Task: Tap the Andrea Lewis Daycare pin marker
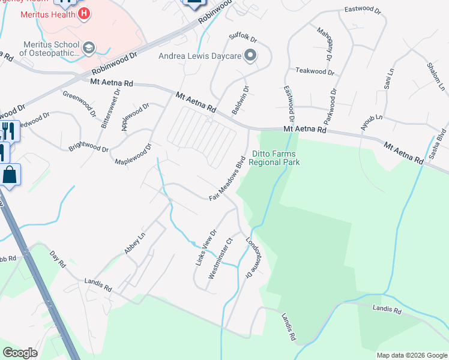[251, 56]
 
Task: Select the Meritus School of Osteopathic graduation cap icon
[89, 47]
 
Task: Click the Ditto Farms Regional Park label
[274, 158]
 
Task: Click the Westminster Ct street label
[220, 259]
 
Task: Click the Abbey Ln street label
[135, 244]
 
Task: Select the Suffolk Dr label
[243, 38]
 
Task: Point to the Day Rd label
[58, 259]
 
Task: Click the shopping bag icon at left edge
[10, 175]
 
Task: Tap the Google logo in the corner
[20, 353]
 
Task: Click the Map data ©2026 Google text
[412, 355]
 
